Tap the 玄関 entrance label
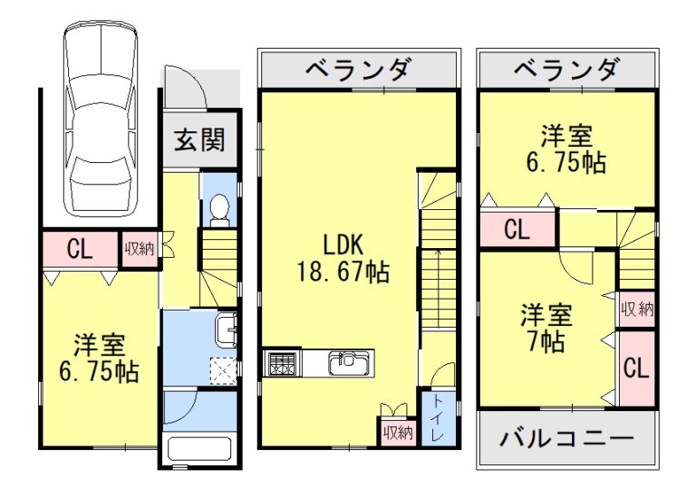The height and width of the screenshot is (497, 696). pos(199,140)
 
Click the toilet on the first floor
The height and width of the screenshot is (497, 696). pos(218,207)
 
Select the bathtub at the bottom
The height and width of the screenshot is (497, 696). pos(200,449)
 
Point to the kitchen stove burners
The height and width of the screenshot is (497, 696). pos(280,364)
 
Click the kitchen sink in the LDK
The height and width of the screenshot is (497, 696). pos(345,364)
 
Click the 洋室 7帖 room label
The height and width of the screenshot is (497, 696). pos(546,330)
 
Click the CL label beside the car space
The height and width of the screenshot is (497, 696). pos(80,250)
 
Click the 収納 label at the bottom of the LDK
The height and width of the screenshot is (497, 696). pos(397,433)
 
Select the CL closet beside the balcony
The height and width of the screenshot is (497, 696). pos(637,368)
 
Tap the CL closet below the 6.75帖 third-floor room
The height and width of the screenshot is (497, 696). pos(517,229)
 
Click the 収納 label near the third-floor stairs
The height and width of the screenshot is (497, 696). pos(637,309)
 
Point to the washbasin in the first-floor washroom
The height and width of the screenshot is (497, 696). pos(224,330)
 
